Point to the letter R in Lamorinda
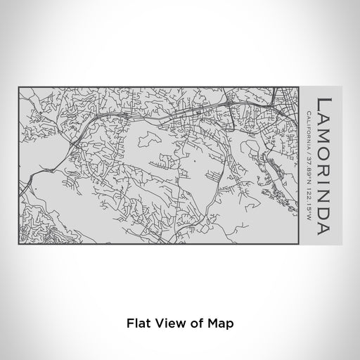point(323,165)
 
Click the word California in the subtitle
point(309,127)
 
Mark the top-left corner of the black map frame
point(19,87)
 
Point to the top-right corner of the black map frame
point(300,87)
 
